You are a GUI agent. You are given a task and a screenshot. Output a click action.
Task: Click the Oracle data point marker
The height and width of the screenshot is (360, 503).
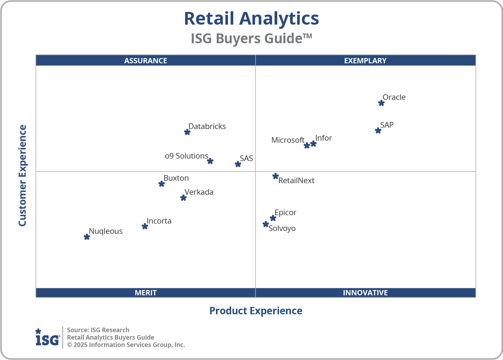click(381, 103)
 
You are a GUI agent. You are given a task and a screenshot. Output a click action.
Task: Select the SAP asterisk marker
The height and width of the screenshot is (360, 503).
click(378, 131)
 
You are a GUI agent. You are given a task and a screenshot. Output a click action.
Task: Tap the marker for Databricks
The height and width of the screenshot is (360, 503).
click(187, 132)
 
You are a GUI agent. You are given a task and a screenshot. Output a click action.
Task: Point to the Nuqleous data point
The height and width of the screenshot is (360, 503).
click(87, 237)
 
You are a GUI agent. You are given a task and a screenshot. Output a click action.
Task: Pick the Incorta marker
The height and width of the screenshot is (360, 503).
click(145, 226)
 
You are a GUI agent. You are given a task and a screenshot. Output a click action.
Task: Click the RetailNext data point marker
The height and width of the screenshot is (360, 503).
click(275, 176)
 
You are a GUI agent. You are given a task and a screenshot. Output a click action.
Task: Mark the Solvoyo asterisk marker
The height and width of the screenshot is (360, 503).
click(266, 224)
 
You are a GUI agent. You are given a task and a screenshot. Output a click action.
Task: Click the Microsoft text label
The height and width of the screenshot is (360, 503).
click(288, 140)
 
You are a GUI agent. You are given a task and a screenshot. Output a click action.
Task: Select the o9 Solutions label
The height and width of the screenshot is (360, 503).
click(186, 156)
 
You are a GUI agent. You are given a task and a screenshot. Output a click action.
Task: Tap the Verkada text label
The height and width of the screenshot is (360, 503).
click(199, 192)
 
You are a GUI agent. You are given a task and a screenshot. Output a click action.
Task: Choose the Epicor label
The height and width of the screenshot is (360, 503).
click(285, 213)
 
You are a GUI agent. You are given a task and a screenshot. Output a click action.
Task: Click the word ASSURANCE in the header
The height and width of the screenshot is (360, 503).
click(146, 60)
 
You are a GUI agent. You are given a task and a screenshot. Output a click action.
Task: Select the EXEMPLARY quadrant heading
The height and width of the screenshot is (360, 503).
click(365, 60)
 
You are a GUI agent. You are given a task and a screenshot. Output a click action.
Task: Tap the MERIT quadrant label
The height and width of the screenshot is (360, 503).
click(146, 292)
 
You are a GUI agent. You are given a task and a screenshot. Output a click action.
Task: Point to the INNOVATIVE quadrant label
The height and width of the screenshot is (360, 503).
click(365, 292)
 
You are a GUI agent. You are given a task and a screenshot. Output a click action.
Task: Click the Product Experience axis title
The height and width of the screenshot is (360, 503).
click(256, 311)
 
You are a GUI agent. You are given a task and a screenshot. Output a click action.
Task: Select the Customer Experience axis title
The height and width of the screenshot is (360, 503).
click(23, 176)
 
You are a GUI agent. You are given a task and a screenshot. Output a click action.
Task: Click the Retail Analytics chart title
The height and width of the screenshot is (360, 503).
click(251, 19)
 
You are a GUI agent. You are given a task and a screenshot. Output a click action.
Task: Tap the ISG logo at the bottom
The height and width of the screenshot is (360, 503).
click(47, 337)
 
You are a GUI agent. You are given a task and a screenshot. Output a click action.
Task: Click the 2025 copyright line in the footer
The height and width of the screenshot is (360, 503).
click(126, 345)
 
